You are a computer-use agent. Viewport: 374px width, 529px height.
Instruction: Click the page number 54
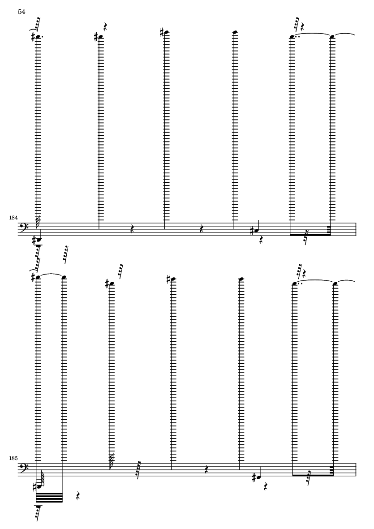point(21,12)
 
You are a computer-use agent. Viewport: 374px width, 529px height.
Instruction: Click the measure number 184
point(13,218)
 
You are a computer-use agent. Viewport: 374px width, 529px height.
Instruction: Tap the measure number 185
point(13,459)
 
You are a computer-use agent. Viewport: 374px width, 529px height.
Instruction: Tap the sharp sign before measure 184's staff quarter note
point(252,231)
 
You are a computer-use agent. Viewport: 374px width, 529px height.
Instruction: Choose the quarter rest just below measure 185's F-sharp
point(266,487)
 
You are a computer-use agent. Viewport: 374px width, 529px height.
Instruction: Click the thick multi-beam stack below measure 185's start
point(49,498)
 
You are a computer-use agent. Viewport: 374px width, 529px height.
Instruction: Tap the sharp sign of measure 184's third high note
point(162,33)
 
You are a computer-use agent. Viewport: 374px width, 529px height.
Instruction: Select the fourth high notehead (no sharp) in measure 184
point(234,32)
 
